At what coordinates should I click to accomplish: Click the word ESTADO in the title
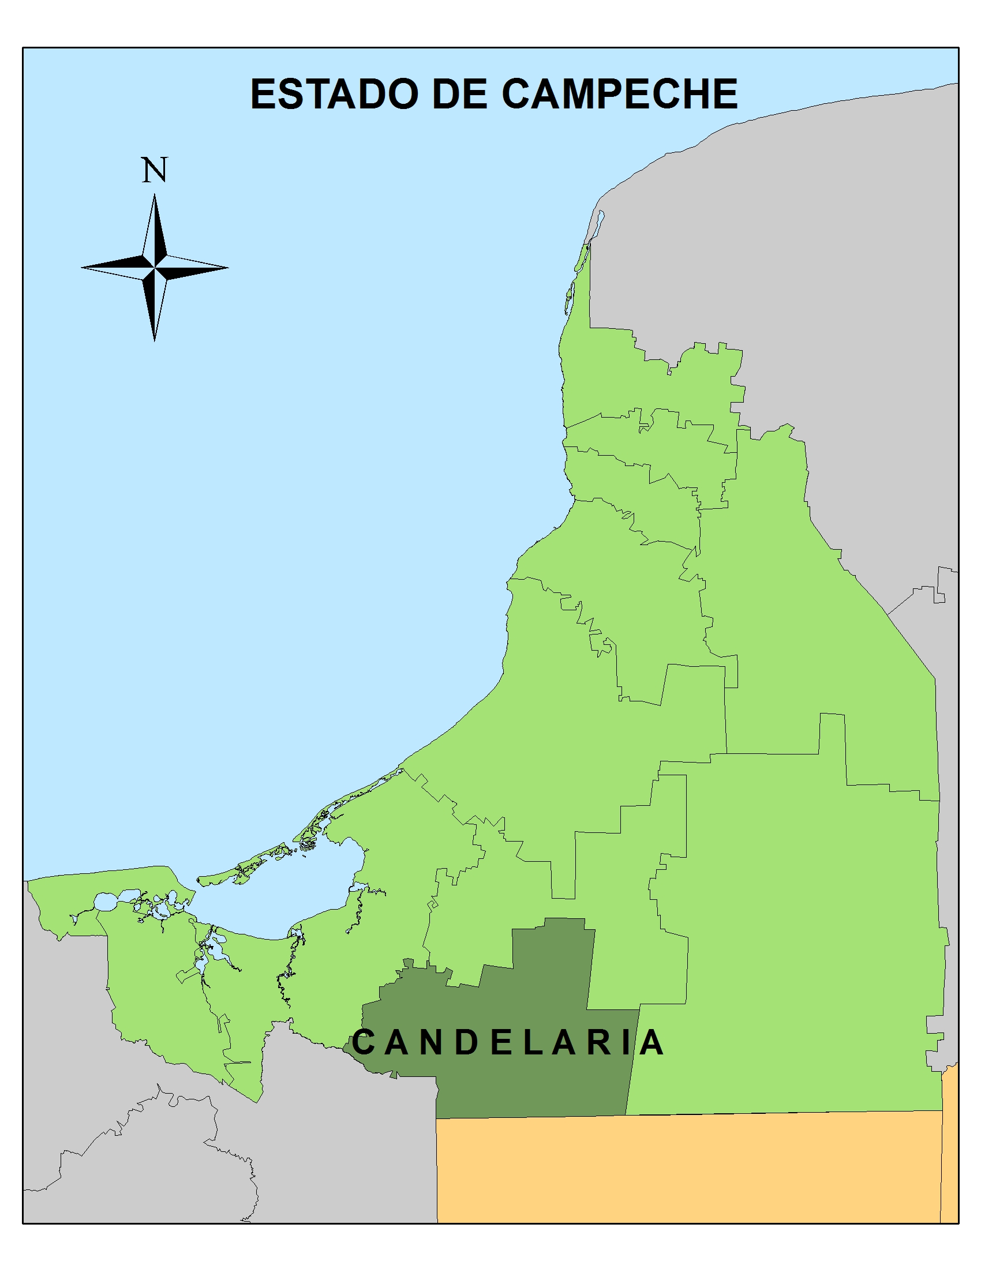point(334,94)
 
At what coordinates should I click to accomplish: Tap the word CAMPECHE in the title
point(620,94)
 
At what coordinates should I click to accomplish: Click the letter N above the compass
point(155,170)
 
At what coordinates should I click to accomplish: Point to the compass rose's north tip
point(155,196)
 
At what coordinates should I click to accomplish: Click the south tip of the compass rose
point(155,339)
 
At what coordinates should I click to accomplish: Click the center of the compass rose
point(155,268)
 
